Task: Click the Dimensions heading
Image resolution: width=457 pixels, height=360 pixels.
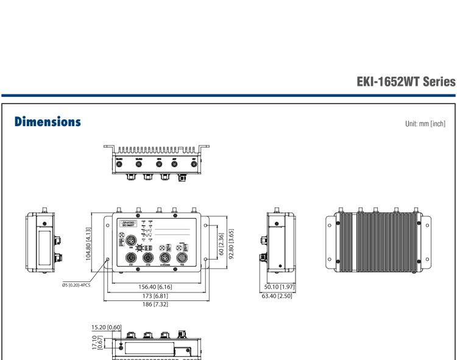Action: click(48, 122)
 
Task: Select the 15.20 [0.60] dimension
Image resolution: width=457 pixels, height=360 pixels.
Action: click(105, 326)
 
